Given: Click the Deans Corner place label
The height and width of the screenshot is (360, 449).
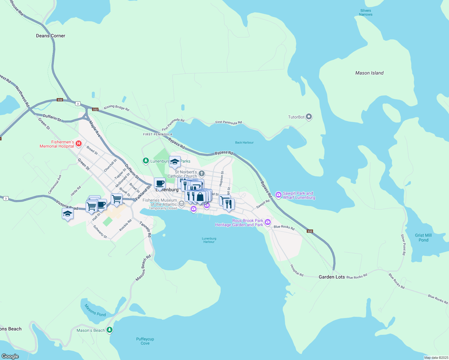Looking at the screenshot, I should point(50,36).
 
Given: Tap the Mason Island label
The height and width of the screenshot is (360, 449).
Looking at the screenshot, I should point(369,73).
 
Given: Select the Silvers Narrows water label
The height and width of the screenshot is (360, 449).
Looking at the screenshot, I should point(366,12).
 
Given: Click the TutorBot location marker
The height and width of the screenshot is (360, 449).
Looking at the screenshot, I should point(309,117).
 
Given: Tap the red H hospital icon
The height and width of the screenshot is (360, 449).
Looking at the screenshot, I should point(79,144).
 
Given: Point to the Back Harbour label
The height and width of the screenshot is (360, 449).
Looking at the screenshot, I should point(244,142).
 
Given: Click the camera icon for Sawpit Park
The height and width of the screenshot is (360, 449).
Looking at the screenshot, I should point(279,195).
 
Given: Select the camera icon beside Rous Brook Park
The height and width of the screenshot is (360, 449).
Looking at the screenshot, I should point(268,222).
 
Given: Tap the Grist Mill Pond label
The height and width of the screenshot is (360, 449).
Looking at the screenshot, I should point(423,238).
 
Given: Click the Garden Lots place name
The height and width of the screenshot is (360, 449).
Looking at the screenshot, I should point(332,277).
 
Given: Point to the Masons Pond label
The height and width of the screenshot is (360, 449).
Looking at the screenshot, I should point(95,310).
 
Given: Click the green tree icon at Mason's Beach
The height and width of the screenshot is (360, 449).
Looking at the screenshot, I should point(110,330).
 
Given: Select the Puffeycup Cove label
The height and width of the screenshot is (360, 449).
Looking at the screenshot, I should point(145,341).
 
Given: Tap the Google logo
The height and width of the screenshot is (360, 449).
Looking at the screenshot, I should point(10,356).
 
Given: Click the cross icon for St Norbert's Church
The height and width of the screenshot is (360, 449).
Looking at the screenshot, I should point(202,173).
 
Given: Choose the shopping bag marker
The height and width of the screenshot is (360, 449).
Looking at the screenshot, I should point(200,197).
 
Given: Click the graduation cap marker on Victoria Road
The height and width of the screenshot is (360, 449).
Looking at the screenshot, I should point(68,214).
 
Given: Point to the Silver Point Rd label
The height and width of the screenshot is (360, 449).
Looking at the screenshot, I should point(403,245).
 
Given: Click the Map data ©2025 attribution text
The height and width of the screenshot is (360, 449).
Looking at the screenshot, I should point(436,358).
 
